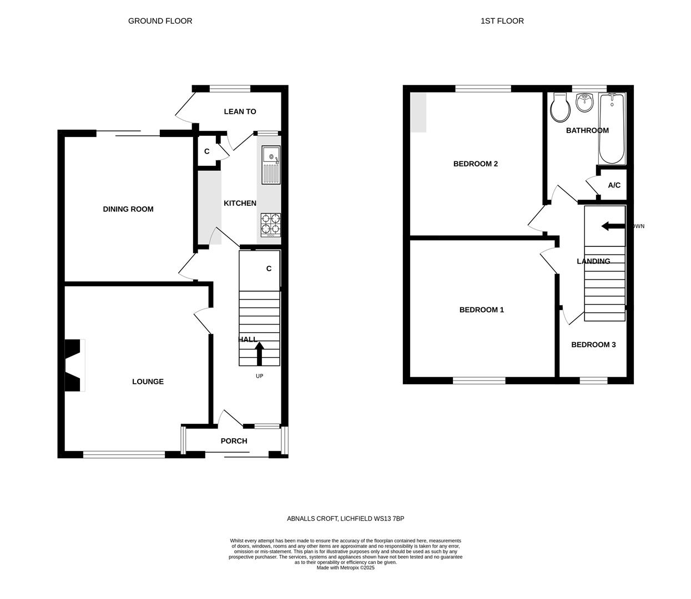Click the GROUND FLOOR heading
160,21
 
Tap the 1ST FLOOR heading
502,21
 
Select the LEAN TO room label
240,111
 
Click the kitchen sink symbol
271,165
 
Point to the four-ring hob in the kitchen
270,225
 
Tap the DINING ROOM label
128,209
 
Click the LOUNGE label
148,382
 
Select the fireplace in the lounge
74,365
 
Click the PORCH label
234,441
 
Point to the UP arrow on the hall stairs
259,354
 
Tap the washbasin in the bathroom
584,102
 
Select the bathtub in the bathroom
612,129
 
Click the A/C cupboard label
614,185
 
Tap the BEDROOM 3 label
593,344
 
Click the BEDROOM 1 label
481,309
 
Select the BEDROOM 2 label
475,164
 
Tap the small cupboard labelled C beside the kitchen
206,151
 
